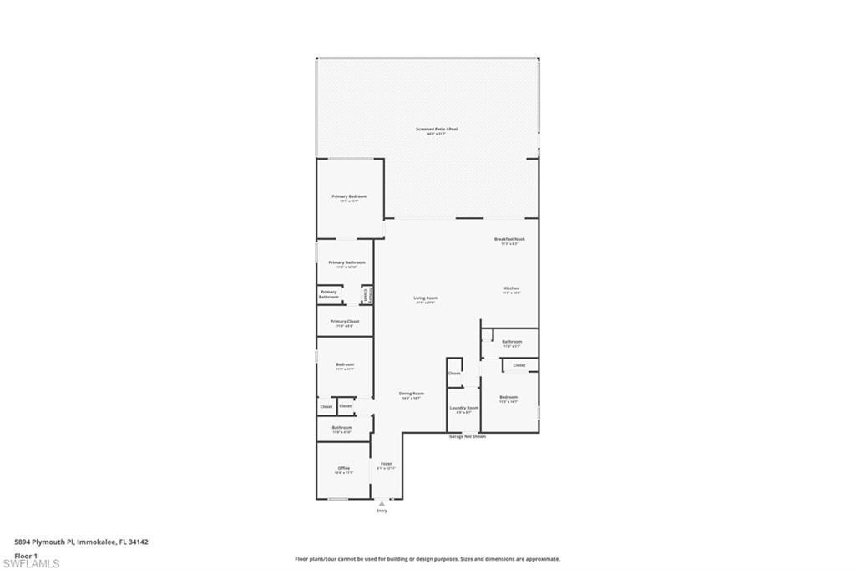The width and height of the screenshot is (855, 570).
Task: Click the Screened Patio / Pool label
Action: coord(437,130)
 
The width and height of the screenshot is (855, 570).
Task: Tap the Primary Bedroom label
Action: coord(349,197)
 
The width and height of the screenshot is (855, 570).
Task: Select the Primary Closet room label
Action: coord(344,322)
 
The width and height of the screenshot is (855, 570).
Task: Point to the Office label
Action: coord(344,469)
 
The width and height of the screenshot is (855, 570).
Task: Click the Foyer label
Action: coord(386,464)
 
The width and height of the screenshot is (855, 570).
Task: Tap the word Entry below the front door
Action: coord(382,511)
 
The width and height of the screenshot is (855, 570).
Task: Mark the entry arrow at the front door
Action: coord(382,503)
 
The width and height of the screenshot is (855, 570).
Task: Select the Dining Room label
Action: coord(412,394)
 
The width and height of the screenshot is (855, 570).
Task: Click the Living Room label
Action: coord(426,298)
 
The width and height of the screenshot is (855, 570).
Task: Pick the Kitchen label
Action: coord(511,289)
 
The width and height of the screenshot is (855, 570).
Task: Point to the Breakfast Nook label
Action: coord(509,240)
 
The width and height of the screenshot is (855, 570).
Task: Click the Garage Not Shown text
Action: coord(467,436)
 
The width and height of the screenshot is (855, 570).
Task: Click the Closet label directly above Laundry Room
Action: coord(454,373)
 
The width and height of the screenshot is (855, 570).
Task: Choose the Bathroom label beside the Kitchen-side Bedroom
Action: coord(512,342)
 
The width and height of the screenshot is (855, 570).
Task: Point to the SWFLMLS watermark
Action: coord(32,564)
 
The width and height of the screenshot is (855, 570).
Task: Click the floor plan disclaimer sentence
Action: coord(427,559)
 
